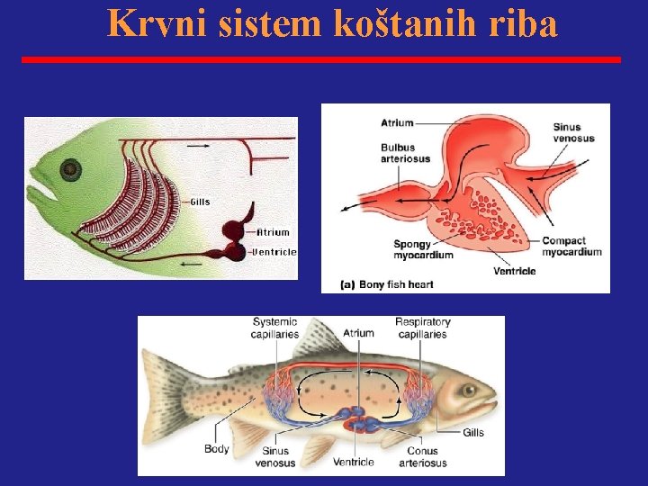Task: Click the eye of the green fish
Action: coord(70,169)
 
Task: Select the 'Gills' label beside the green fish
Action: coord(199,202)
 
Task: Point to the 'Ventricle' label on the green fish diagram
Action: coord(274,252)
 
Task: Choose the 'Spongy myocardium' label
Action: coord(423,249)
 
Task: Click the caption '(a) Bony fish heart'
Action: coord(387,284)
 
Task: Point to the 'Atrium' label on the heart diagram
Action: coord(397,122)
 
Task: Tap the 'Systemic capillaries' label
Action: coord(275,328)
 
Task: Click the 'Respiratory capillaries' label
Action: coord(422,328)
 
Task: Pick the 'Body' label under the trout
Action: coord(217,448)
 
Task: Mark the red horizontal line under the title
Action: coord(321,59)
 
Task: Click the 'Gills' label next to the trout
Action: coord(473,433)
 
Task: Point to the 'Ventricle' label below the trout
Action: coord(354,462)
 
